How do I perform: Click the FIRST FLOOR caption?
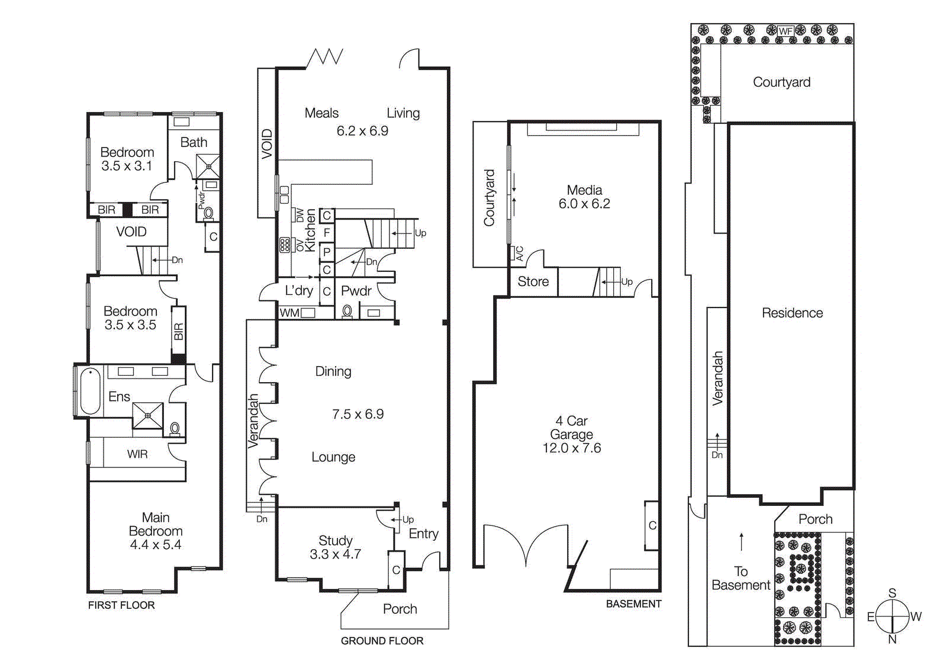tap(121, 605)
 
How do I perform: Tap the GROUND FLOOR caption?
tap(382, 640)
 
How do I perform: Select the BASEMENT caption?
tap(633, 604)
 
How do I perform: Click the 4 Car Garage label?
tap(571, 428)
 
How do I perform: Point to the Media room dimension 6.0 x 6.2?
tap(584, 204)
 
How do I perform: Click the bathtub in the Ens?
tap(90, 391)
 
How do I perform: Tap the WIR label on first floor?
tap(137, 454)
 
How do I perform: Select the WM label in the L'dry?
tap(289, 313)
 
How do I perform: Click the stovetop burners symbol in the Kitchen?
tap(285, 245)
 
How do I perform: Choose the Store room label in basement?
tap(533, 281)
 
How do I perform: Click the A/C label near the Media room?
tap(520, 253)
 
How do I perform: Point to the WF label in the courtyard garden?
tap(785, 31)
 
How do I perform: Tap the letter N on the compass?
tap(892, 640)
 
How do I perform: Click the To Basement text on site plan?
tap(741, 578)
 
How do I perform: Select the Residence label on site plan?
tap(792, 313)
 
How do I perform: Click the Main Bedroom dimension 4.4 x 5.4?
tap(156, 545)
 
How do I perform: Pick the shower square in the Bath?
tap(208, 166)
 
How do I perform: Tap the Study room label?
tap(336, 540)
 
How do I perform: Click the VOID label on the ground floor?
tap(267, 143)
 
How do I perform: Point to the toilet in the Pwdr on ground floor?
tap(347, 311)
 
